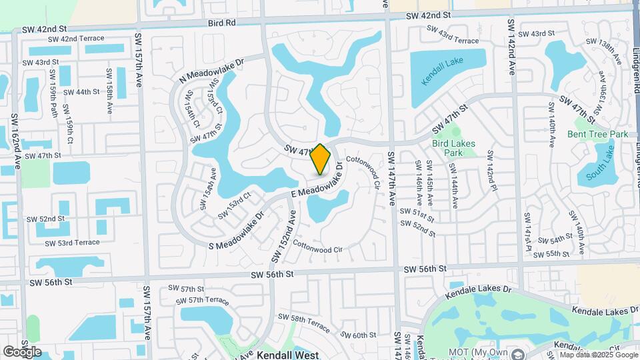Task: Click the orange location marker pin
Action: (x=321, y=159)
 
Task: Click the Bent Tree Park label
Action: (x=598, y=134)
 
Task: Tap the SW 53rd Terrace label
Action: (x=65, y=243)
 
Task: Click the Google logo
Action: (x=22, y=351)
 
